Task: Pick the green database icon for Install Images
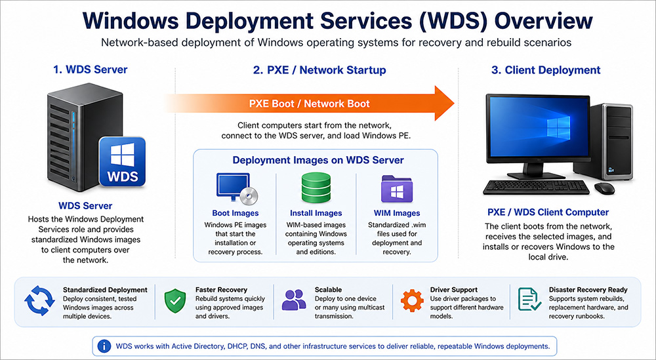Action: click(316, 188)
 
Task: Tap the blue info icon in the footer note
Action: click(104, 344)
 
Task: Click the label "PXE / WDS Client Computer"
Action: click(548, 212)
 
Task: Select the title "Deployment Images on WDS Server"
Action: click(318, 160)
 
